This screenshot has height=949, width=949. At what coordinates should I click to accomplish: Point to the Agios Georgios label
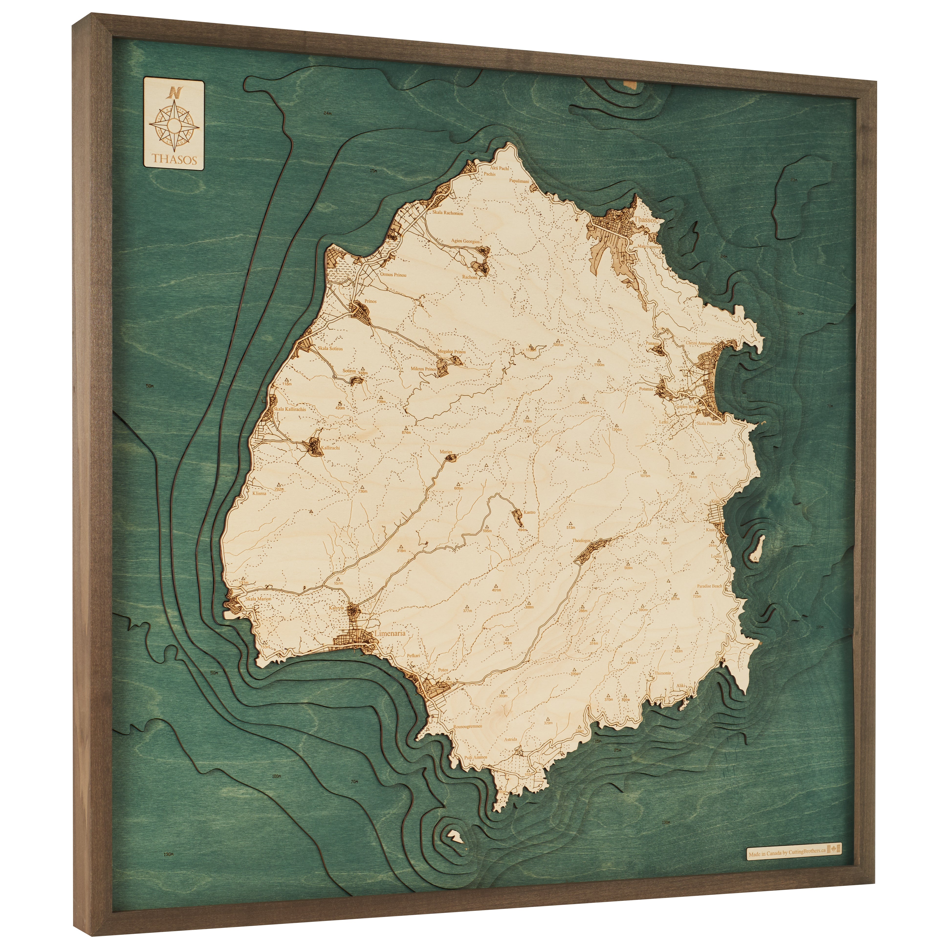(466, 241)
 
